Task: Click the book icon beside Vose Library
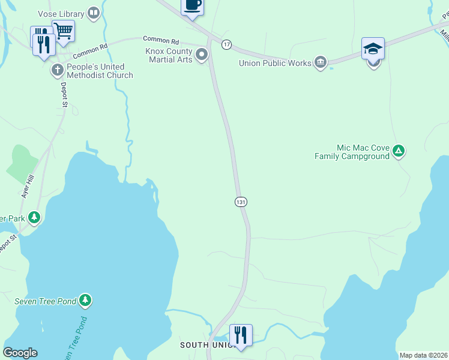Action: [x=93, y=12]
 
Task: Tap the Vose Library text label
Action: [x=61, y=13]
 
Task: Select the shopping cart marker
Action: [x=63, y=31]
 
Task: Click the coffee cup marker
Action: [x=192, y=5]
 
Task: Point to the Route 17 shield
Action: [x=226, y=44]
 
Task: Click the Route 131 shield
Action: [x=241, y=202]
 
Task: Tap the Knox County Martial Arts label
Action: [x=169, y=56]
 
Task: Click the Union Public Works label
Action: [x=275, y=63]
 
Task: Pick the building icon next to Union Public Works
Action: [x=321, y=62]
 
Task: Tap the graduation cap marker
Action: [x=372, y=49]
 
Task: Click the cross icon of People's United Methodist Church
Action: [x=58, y=70]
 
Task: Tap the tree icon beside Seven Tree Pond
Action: [x=86, y=299]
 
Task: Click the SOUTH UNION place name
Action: [x=203, y=345]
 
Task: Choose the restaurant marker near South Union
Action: [x=241, y=335]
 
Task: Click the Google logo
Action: [x=20, y=353]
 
